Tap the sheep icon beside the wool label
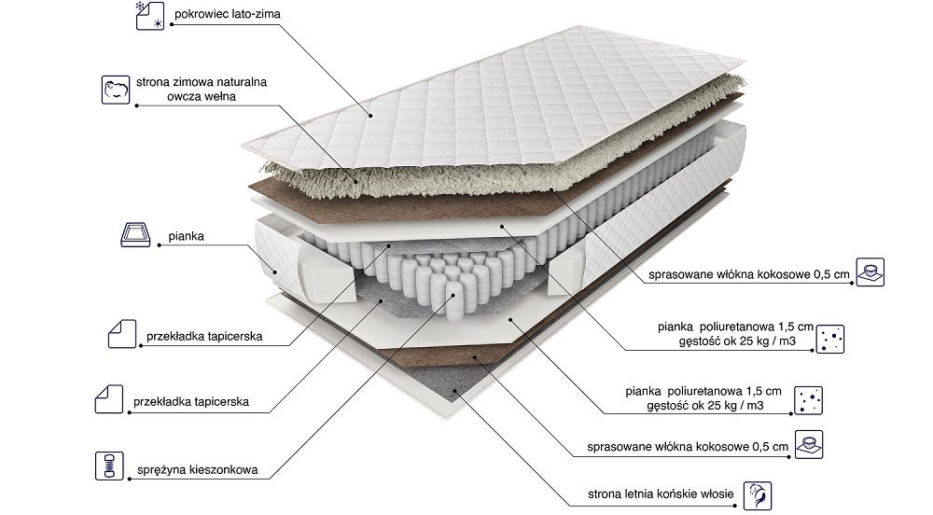(x=115, y=89)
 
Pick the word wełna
(x=225, y=96)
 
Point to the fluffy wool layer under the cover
(x=373, y=177)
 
